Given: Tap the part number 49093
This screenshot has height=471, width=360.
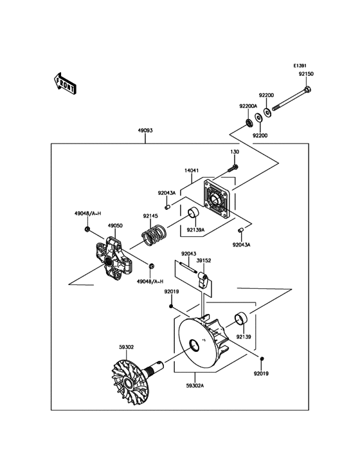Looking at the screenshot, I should point(145,130).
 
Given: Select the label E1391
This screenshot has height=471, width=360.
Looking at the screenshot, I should point(300,66).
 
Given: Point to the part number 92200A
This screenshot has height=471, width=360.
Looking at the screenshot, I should point(248,106).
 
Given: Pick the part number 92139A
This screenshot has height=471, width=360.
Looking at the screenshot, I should point(196,228).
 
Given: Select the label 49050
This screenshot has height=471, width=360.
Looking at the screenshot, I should point(115,226).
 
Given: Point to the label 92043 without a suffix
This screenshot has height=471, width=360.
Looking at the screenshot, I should point(188,254).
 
